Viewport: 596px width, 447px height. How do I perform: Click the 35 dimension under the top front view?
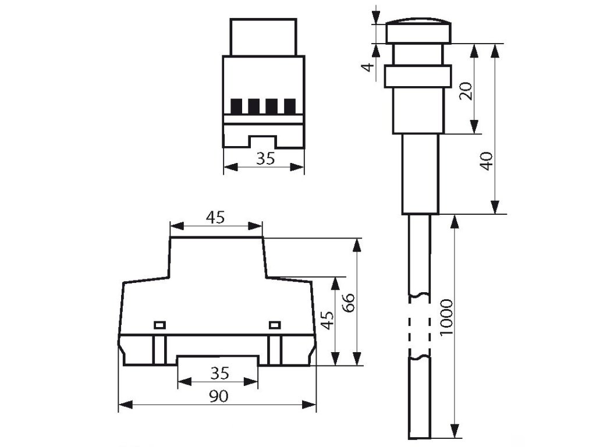265,158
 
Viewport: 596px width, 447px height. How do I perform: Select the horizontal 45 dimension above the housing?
215,218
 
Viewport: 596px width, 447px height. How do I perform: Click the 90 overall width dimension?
218,396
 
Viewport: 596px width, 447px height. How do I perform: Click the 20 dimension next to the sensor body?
466,90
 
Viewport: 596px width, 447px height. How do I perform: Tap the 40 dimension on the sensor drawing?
487,159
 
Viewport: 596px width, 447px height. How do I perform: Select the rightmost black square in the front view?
290,107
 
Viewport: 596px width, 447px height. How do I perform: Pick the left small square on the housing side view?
159,324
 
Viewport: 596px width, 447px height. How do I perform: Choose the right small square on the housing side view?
275,324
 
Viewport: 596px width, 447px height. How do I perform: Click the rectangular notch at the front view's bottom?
264,141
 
